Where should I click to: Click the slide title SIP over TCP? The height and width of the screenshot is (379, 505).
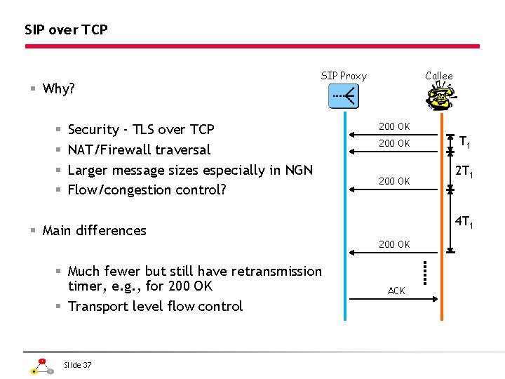click(x=66, y=29)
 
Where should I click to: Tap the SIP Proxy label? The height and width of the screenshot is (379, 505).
click(x=344, y=76)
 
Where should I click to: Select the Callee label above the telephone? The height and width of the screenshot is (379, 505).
click(x=439, y=76)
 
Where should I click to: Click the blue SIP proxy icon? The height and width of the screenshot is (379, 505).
click(x=344, y=95)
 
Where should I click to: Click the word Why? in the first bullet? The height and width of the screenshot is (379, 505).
click(x=59, y=88)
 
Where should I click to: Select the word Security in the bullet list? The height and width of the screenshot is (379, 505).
click(x=93, y=129)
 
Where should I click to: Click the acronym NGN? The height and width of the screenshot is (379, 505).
click(x=297, y=170)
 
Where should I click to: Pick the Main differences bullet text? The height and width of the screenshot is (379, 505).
click(x=94, y=230)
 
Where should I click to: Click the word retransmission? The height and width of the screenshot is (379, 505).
click(x=274, y=271)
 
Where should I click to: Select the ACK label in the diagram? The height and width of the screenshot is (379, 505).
click(x=396, y=291)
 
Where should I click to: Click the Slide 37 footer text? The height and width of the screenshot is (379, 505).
click(x=77, y=364)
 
